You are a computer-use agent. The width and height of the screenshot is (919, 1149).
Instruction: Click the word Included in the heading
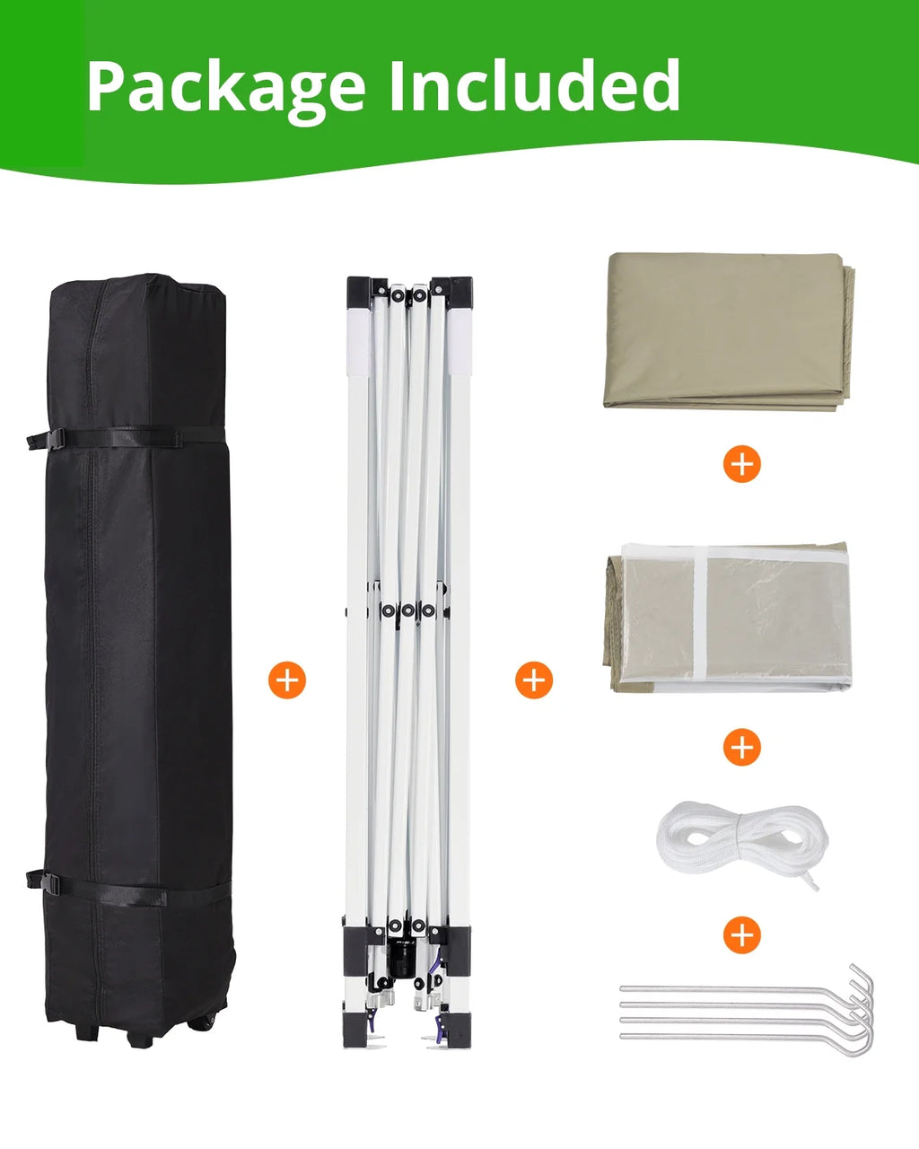point(535,84)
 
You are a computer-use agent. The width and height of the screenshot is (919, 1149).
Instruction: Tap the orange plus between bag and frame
point(287,680)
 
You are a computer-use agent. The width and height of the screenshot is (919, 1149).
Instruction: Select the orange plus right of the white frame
point(534,680)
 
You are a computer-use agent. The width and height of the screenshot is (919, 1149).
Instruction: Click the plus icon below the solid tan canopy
point(741,463)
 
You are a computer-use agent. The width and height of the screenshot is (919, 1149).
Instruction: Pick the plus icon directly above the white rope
point(741,747)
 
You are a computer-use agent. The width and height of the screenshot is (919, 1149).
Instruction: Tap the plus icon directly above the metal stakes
point(741,934)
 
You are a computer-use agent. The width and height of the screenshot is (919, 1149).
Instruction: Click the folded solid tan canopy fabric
point(729,331)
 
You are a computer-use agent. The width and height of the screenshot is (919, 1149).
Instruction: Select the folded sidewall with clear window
point(727,618)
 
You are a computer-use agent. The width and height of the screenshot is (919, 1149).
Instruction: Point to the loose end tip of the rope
point(815,889)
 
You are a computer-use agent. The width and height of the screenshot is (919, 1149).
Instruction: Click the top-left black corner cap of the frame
point(359,292)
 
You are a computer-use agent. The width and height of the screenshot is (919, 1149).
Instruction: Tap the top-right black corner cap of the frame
point(459,292)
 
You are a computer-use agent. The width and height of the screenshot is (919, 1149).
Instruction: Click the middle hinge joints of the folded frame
point(407,610)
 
